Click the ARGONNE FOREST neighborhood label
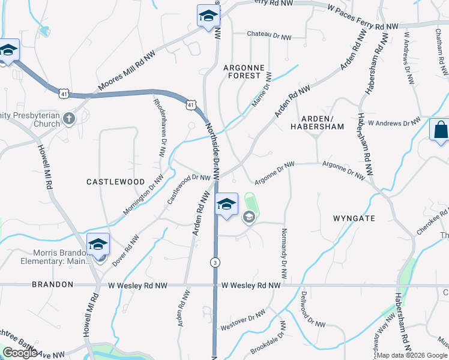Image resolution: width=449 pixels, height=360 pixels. click(x=243, y=71)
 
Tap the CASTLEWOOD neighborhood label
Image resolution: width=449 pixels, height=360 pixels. click(x=116, y=181)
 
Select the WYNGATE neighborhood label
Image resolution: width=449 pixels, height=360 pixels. click(x=354, y=219)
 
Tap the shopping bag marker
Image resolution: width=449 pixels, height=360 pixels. click(x=441, y=130)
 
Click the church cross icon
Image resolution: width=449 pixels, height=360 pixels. click(x=69, y=118)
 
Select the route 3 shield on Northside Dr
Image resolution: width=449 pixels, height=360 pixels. click(x=214, y=262)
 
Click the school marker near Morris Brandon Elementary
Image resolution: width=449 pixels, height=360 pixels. click(x=98, y=245)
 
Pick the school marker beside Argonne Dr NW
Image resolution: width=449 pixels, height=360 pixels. click(x=226, y=205)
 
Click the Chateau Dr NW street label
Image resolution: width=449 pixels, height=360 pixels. click(x=269, y=37)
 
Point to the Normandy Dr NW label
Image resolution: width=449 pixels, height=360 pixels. click(x=284, y=253)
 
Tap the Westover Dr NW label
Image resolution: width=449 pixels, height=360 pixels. click(x=243, y=320)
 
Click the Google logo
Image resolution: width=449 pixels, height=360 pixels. click(x=20, y=353)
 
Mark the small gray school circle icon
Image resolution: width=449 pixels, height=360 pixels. click(x=249, y=218)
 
